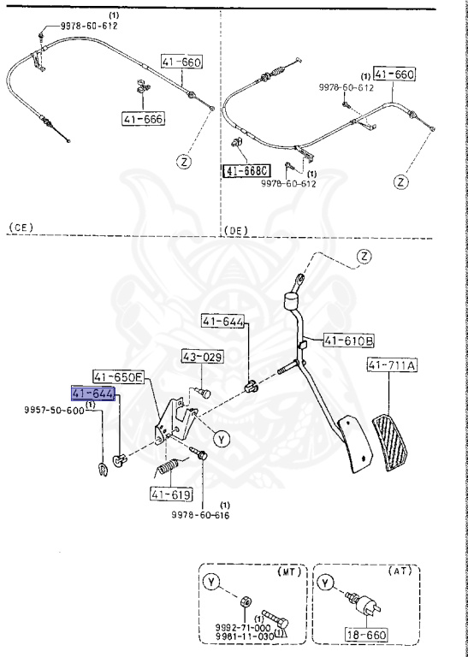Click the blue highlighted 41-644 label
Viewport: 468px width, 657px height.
(x=92, y=393)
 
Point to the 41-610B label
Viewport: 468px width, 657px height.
(x=348, y=340)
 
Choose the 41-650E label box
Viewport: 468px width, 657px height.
(x=120, y=376)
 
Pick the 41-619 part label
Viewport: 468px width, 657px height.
(x=169, y=494)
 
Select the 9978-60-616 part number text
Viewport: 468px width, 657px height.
(x=204, y=515)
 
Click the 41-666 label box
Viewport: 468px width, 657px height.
(x=142, y=119)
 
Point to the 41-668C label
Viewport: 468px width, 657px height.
(x=246, y=171)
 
